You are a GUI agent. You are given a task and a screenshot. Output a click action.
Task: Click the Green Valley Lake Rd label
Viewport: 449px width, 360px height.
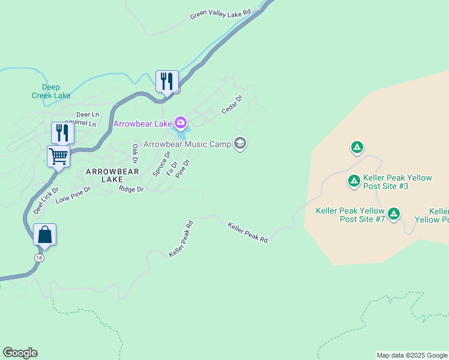(x=220, y=14)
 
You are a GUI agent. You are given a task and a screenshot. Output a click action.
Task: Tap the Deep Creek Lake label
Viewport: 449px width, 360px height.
(x=51, y=91)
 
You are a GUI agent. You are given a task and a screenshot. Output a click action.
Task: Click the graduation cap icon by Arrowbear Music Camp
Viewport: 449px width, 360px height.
(x=240, y=143)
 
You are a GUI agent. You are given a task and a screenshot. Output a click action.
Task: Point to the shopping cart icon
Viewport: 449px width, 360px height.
(x=59, y=156)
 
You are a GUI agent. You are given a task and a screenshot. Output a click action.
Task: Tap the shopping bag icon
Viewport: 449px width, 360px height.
(x=45, y=235)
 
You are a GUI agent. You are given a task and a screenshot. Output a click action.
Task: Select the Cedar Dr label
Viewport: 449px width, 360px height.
(x=232, y=104)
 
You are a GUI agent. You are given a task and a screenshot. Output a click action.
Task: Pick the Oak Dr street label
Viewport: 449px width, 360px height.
(x=135, y=154)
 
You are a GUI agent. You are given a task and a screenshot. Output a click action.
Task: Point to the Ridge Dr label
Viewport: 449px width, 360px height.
(x=131, y=189)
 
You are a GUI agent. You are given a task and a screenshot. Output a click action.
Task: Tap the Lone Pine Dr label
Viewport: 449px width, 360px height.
(x=73, y=195)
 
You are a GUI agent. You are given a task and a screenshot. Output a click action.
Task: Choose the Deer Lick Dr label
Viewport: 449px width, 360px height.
(x=46, y=201)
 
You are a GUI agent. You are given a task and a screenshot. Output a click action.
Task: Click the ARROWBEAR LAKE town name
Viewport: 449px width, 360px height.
(x=112, y=175)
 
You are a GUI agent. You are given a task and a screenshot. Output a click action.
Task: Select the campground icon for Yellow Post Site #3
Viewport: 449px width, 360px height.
(x=354, y=180)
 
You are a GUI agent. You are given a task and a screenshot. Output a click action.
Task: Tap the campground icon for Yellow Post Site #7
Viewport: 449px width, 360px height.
(x=394, y=213)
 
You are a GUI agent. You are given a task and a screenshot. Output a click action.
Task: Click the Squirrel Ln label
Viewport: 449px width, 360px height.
(x=80, y=124)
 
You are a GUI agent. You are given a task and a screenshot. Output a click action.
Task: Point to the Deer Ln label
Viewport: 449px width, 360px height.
(x=87, y=114)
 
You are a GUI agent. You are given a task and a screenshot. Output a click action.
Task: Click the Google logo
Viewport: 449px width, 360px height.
(x=20, y=353)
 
